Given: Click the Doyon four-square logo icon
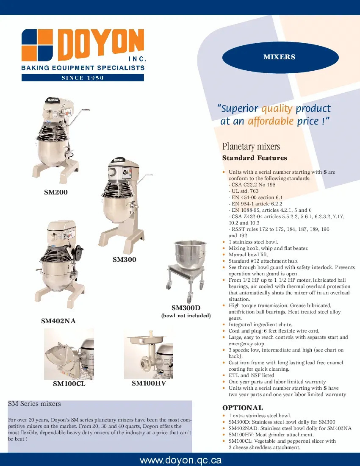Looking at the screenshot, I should point(37,45).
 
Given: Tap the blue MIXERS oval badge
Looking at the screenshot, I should point(280,57).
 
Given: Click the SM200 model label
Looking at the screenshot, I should point(56,192).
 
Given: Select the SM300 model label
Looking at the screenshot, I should point(125,259).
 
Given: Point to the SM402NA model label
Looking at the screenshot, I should point(58,321).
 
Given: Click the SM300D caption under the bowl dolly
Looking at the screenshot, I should point(186,308).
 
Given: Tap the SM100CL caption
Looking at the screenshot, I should point(69,384).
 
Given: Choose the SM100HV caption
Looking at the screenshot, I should point(149,383).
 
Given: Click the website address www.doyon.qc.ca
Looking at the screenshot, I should point(180,460).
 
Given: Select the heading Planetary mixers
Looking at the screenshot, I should point(251,147).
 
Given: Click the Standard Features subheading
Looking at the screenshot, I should point(255,158).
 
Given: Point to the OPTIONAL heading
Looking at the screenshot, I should point(243,408).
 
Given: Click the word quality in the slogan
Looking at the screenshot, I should point(277,108).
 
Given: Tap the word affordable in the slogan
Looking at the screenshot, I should point(270,121).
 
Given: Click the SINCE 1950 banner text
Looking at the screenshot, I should point(83,78).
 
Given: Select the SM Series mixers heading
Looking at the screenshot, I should point(35,404).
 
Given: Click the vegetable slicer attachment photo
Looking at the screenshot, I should point(69,354).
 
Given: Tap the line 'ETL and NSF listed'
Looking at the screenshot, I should point(251,375).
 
